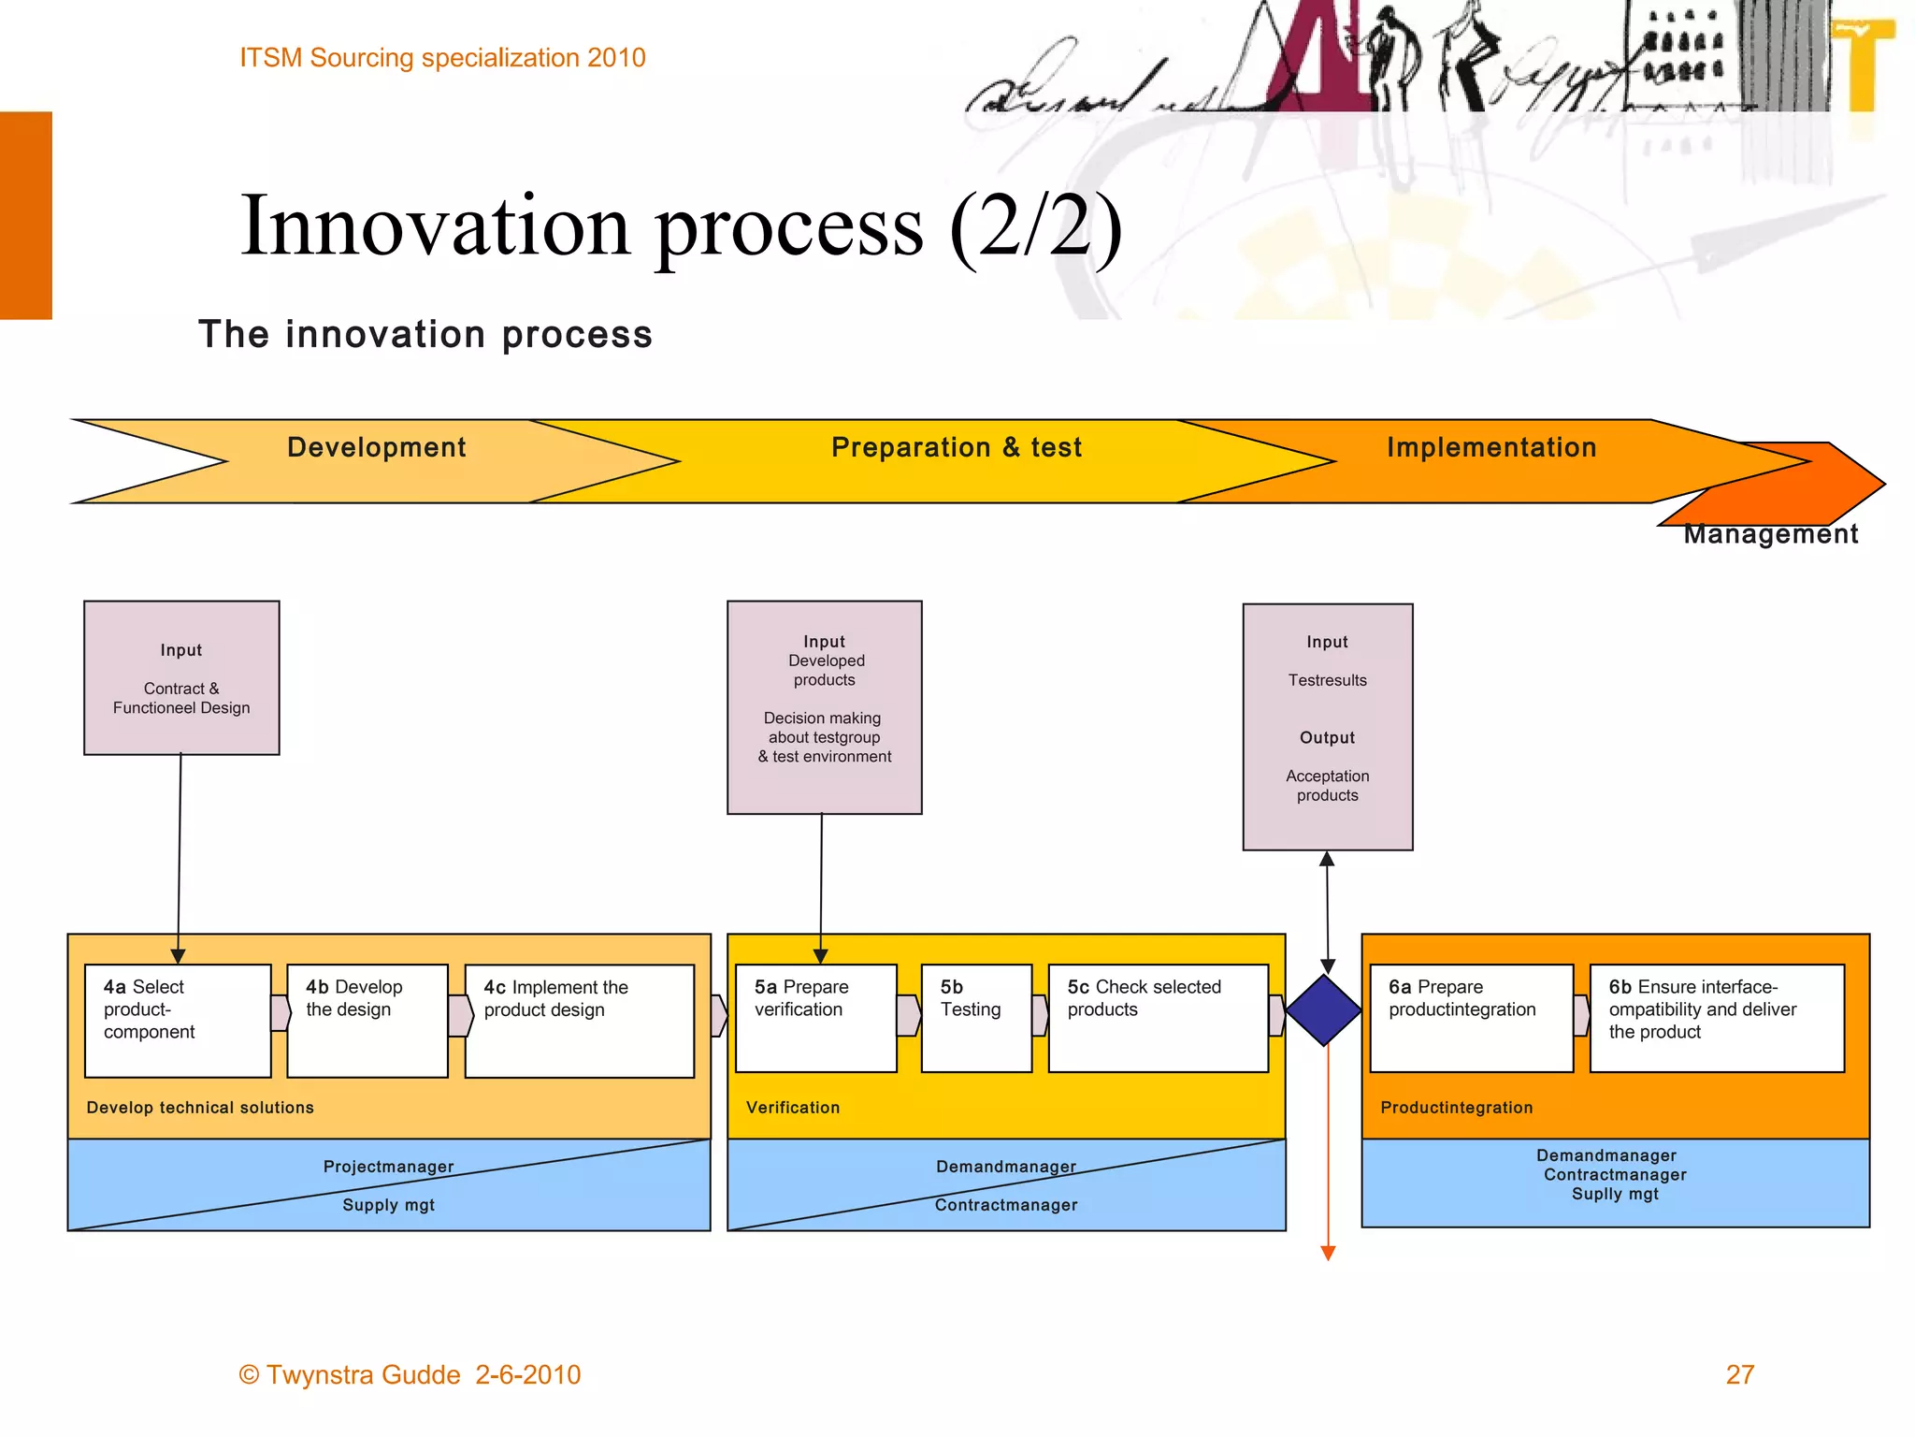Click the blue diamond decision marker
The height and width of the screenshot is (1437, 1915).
pyautogui.click(x=1324, y=1010)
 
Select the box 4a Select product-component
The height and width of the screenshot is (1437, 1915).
pyautogui.click(x=178, y=1021)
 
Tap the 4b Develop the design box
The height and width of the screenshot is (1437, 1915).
pyautogui.click(x=367, y=1021)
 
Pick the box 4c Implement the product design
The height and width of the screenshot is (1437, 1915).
pyautogui.click(x=580, y=1021)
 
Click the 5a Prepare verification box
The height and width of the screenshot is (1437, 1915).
pyautogui.click(x=815, y=1018)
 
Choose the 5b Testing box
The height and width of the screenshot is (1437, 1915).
pyautogui.click(x=976, y=1018)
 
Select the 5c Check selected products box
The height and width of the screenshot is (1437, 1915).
pyautogui.click(x=1158, y=1018)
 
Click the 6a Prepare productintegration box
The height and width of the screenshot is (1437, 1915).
pyautogui.click(x=1471, y=1018)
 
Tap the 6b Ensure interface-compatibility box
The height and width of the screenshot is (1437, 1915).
pyautogui.click(x=1717, y=1018)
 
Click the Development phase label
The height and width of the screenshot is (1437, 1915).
pyautogui.click(x=376, y=447)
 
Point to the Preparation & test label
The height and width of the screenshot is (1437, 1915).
pyautogui.click(x=957, y=447)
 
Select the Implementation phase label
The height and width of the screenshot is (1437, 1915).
pyautogui.click(x=1491, y=447)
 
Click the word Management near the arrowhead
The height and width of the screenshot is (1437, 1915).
pyautogui.click(x=1770, y=534)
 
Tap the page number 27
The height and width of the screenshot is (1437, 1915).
pyautogui.click(x=1739, y=1374)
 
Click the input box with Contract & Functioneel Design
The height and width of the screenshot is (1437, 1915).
pyautogui.click(x=181, y=677)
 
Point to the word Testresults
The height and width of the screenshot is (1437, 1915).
pyautogui.click(x=1327, y=680)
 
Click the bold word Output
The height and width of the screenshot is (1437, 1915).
pyautogui.click(x=1327, y=737)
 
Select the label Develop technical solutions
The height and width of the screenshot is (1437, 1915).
pyautogui.click(x=200, y=1108)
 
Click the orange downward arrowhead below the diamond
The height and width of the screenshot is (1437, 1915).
pyautogui.click(x=1328, y=1253)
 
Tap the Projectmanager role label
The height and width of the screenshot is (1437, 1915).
pyautogui.click(x=388, y=1167)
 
